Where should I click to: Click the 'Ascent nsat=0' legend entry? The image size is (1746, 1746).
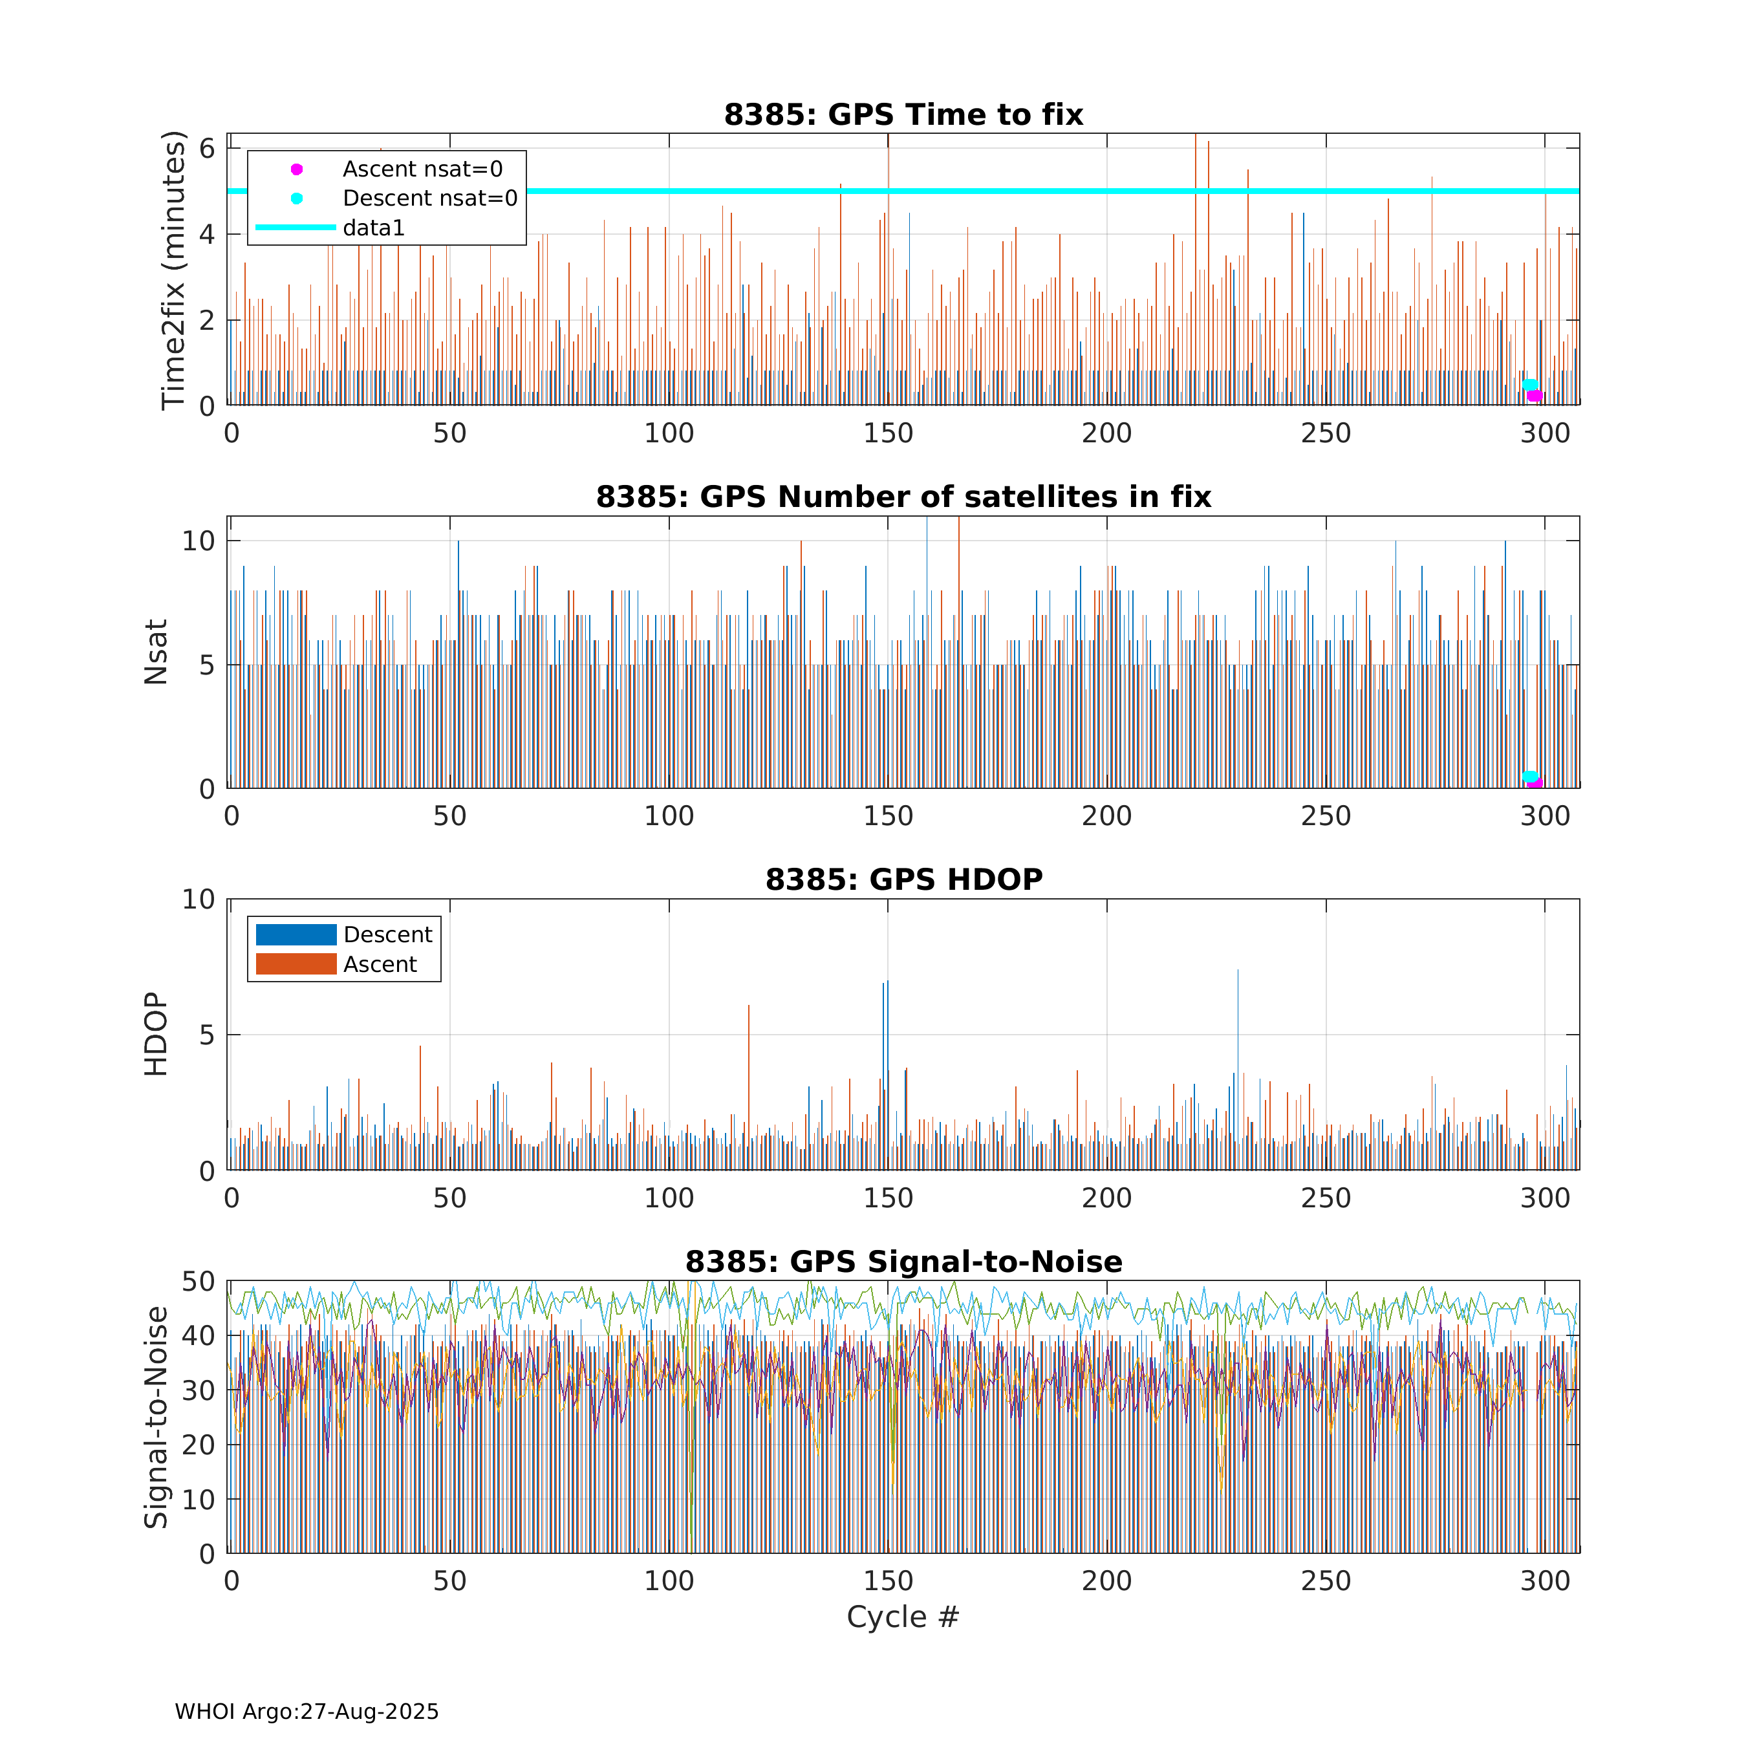pyautogui.click(x=422, y=169)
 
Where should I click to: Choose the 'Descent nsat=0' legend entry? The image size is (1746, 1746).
pyautogui.click(x=430, y=198)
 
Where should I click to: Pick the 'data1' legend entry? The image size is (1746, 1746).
pyautogui.click(x=373, y=228)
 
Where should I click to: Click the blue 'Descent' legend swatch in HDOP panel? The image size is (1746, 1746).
pyautogui.click(x=296, y=934)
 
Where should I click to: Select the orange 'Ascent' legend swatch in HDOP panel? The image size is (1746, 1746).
pyautogui.click(x=296, y=964)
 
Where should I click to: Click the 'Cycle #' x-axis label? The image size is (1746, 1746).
pyautogui.click(x=902, y=1617)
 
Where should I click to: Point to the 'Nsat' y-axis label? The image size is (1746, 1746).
pyautogui.click(x=155, y=652)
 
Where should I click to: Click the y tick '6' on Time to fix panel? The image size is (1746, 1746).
pyautogui.click(x=208, y=148)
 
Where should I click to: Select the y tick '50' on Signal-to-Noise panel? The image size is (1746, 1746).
pyautogui.click(x=199, y=1282)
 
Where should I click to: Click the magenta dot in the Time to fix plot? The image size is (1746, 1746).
pyautogui.click(x=1535, y=396)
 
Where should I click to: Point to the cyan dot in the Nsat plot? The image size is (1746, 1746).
pyautogui.click(x=1529, y=776)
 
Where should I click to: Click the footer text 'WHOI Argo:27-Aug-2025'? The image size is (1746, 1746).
pyautogui.click(x=307, y=1712)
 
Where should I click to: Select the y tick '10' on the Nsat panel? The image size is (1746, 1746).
pyautogui.click(x=199, y=541)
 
